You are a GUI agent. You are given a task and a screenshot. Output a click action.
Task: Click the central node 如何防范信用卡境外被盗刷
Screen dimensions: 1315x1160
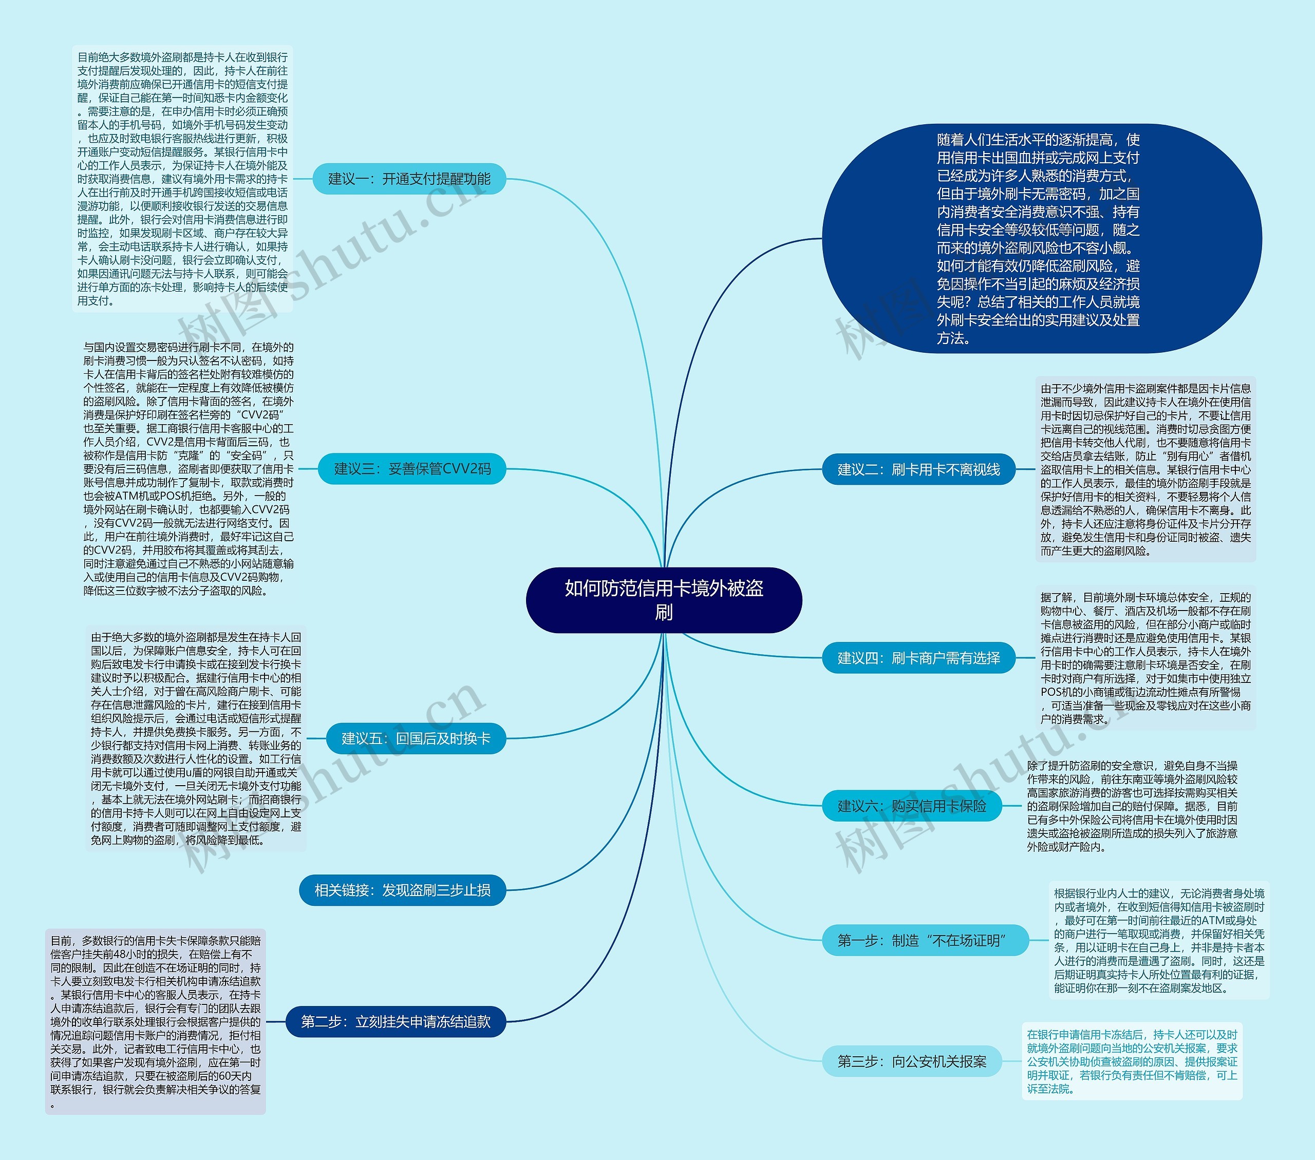coord(664,600)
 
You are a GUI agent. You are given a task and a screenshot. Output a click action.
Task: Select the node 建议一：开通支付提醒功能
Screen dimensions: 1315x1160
coord(409,179)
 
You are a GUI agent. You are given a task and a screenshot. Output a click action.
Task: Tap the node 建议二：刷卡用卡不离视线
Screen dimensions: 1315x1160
coord(918,469)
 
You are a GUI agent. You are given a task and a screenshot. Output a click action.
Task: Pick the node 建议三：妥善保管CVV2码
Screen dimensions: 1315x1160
coord(412,469)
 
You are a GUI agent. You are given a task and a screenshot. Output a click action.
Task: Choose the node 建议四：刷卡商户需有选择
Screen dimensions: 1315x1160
coord(918,658)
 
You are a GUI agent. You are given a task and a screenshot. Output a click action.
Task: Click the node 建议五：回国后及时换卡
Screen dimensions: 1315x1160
coord(416,738)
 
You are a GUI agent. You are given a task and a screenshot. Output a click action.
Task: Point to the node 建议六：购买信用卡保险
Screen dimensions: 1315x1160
coord(912,806)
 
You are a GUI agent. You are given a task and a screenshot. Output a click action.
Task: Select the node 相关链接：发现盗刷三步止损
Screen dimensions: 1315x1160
coord(402,890)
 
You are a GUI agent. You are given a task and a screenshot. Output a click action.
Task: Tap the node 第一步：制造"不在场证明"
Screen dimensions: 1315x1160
coord(925,941)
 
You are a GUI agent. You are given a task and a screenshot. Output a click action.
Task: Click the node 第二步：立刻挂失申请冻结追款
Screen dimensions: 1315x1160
coord(396,1021)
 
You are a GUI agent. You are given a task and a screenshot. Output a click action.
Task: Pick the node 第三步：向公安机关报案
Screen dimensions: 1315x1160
coord(912,1061)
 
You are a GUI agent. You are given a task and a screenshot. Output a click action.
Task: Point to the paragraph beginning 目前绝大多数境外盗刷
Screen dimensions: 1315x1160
coord(183,179)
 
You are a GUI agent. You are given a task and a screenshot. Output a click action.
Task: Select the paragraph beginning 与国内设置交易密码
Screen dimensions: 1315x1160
coord(189,469)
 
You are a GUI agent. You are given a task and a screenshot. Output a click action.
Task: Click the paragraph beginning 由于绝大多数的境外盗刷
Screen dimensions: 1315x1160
coord(196,738)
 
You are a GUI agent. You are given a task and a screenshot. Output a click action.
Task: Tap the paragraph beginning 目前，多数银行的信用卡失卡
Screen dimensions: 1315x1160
coord(155,1021)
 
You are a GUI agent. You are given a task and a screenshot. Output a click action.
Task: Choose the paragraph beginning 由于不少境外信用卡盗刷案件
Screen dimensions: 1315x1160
coord(1145,469)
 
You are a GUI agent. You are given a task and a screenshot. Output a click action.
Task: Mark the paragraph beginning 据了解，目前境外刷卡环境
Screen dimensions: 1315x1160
coord(1145,658)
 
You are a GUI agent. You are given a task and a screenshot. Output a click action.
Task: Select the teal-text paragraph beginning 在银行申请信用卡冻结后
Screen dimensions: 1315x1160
coord(1132,1061)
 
